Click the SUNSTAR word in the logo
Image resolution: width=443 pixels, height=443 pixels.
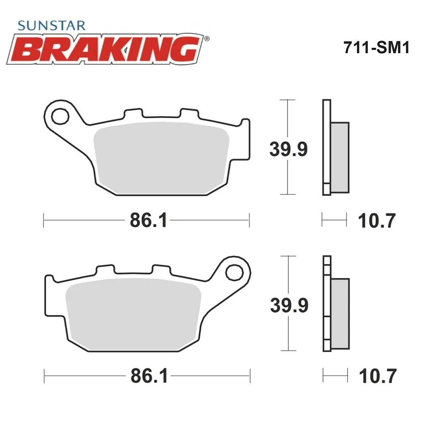[x=51, y=26]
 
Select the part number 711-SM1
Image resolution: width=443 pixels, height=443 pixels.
[x=376, y=47]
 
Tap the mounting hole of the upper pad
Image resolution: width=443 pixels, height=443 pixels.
[x=60, y=116]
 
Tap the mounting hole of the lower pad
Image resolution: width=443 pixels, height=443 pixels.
[x=234, y=272]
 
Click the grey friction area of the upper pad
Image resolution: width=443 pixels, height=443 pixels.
[x=161, y=158]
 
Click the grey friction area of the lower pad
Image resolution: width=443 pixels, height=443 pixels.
[x=133, y=315]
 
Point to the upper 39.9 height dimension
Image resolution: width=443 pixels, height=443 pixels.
[x=288, y=149]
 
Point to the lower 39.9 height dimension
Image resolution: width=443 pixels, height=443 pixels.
[x=289, y=305]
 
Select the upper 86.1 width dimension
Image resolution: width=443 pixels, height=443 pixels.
[x=148, y=220]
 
